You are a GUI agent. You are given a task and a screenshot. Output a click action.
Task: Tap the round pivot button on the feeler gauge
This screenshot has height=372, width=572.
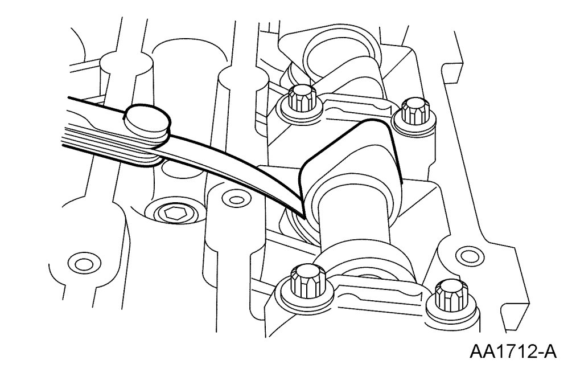click(147, 119)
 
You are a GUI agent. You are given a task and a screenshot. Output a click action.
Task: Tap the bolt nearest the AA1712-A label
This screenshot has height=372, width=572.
click(446, 296)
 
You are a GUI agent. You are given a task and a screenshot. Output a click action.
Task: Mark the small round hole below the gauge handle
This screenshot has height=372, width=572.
click(81, 264)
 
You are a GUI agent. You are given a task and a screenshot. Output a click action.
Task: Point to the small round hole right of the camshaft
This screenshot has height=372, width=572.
click(467, 252)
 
